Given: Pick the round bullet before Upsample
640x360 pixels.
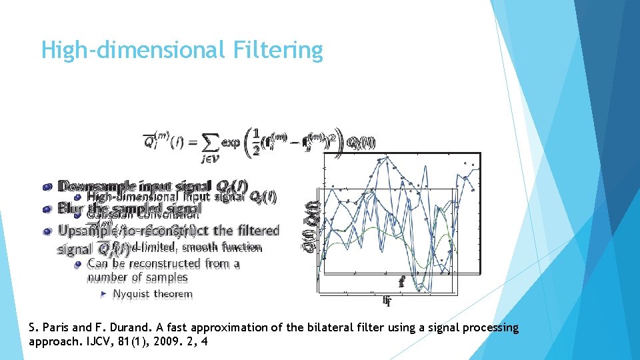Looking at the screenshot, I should tap(46, 231).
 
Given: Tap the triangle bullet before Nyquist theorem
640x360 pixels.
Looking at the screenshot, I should tap(103, 294).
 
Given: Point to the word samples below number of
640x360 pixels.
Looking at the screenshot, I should tap(167, 277).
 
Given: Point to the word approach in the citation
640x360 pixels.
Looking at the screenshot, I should tap(55, 342).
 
